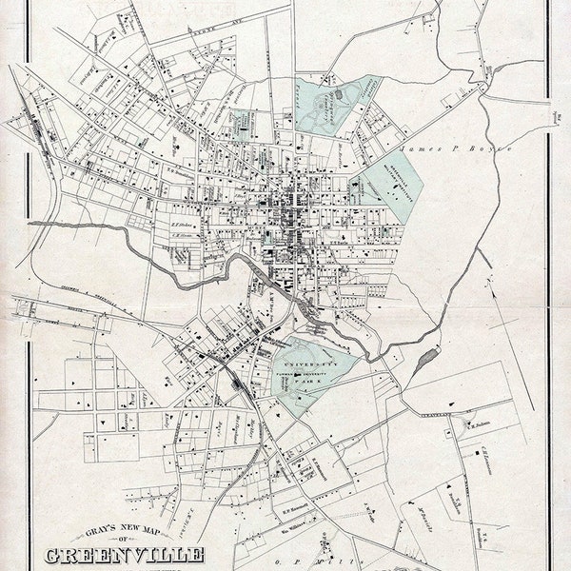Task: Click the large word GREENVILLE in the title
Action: tap(124, 555)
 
